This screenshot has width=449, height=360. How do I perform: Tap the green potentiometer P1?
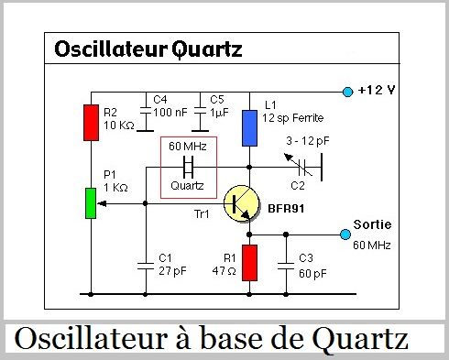(91, 203)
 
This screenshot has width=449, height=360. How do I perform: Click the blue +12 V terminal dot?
(347, 92)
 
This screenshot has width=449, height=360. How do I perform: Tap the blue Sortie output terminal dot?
(345, 235)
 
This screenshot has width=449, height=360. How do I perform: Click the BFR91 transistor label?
(287, 209)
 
